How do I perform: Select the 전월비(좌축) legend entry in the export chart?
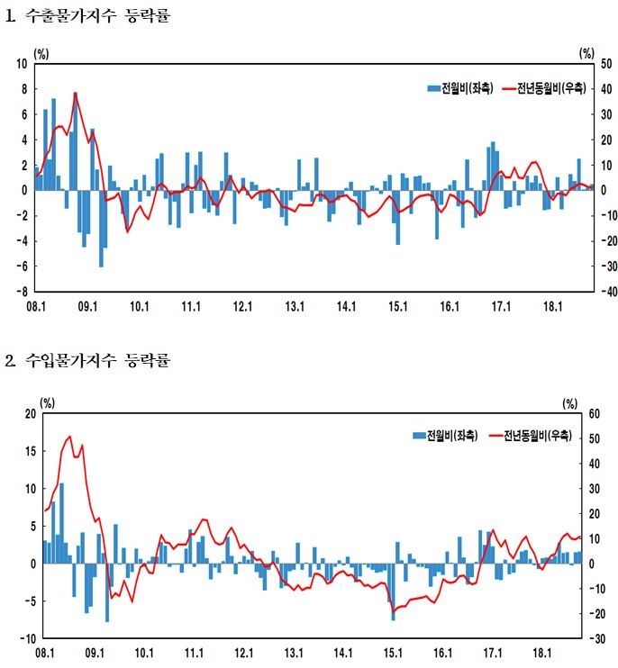(460, 87)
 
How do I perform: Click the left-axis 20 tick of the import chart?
(30, 413)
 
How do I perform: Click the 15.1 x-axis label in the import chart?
(393, 654)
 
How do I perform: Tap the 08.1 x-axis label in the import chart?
(45, 654)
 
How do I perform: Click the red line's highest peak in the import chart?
(70, 437)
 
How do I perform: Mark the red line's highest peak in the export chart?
(76, 93)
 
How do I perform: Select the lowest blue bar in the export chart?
(101, 266)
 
